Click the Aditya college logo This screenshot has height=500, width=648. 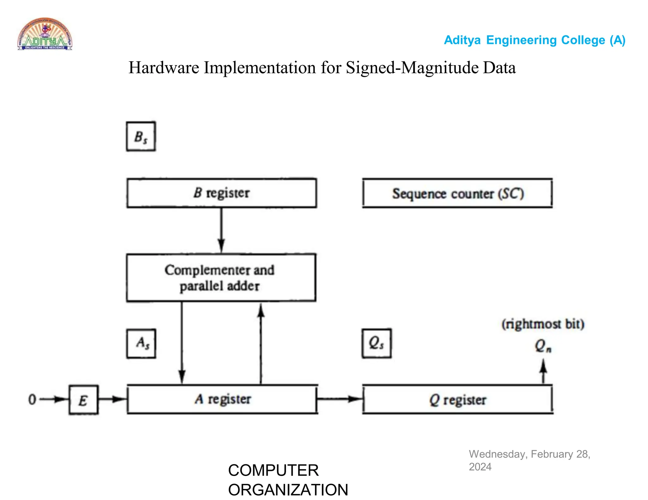pyautogui.click(x=45, y=34)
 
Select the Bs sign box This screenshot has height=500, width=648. pyautogui.click(x=141, y=137)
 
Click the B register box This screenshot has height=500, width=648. pyautogui.click(x=221, y=193)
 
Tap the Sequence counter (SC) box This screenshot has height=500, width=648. pyautogui.click(x=458, y=193)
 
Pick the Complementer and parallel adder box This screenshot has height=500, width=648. pyautogui.click(x=221, y=277)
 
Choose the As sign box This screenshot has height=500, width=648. pyautogui.click(x=141, y=344)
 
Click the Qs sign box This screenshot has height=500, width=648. pyautogui.click(x=377, y=343)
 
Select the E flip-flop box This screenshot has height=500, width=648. pyautogui.click(x=84, y=400)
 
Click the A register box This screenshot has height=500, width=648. pyautogui.click(x=222, y=399)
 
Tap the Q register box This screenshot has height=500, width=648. pyautogui.click(x=458, y=399)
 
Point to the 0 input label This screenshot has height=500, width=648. pyautogui.click(x=32, y=399)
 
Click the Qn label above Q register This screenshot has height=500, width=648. pyautogui.click(x=543, y=346)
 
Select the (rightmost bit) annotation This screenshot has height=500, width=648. pyautogui.click(x=543, y=324)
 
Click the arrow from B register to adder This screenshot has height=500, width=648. pyautogui.click(x=221, y=231)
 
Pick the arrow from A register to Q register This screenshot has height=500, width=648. pyautogui.click(x=340, y=399)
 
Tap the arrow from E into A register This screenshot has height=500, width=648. pyautogui.click(x=113, y=399)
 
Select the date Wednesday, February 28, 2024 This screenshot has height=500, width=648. pyautogui.click(x=529, y=460)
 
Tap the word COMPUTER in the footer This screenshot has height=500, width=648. pyautogui.click(x=273, y=470)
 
